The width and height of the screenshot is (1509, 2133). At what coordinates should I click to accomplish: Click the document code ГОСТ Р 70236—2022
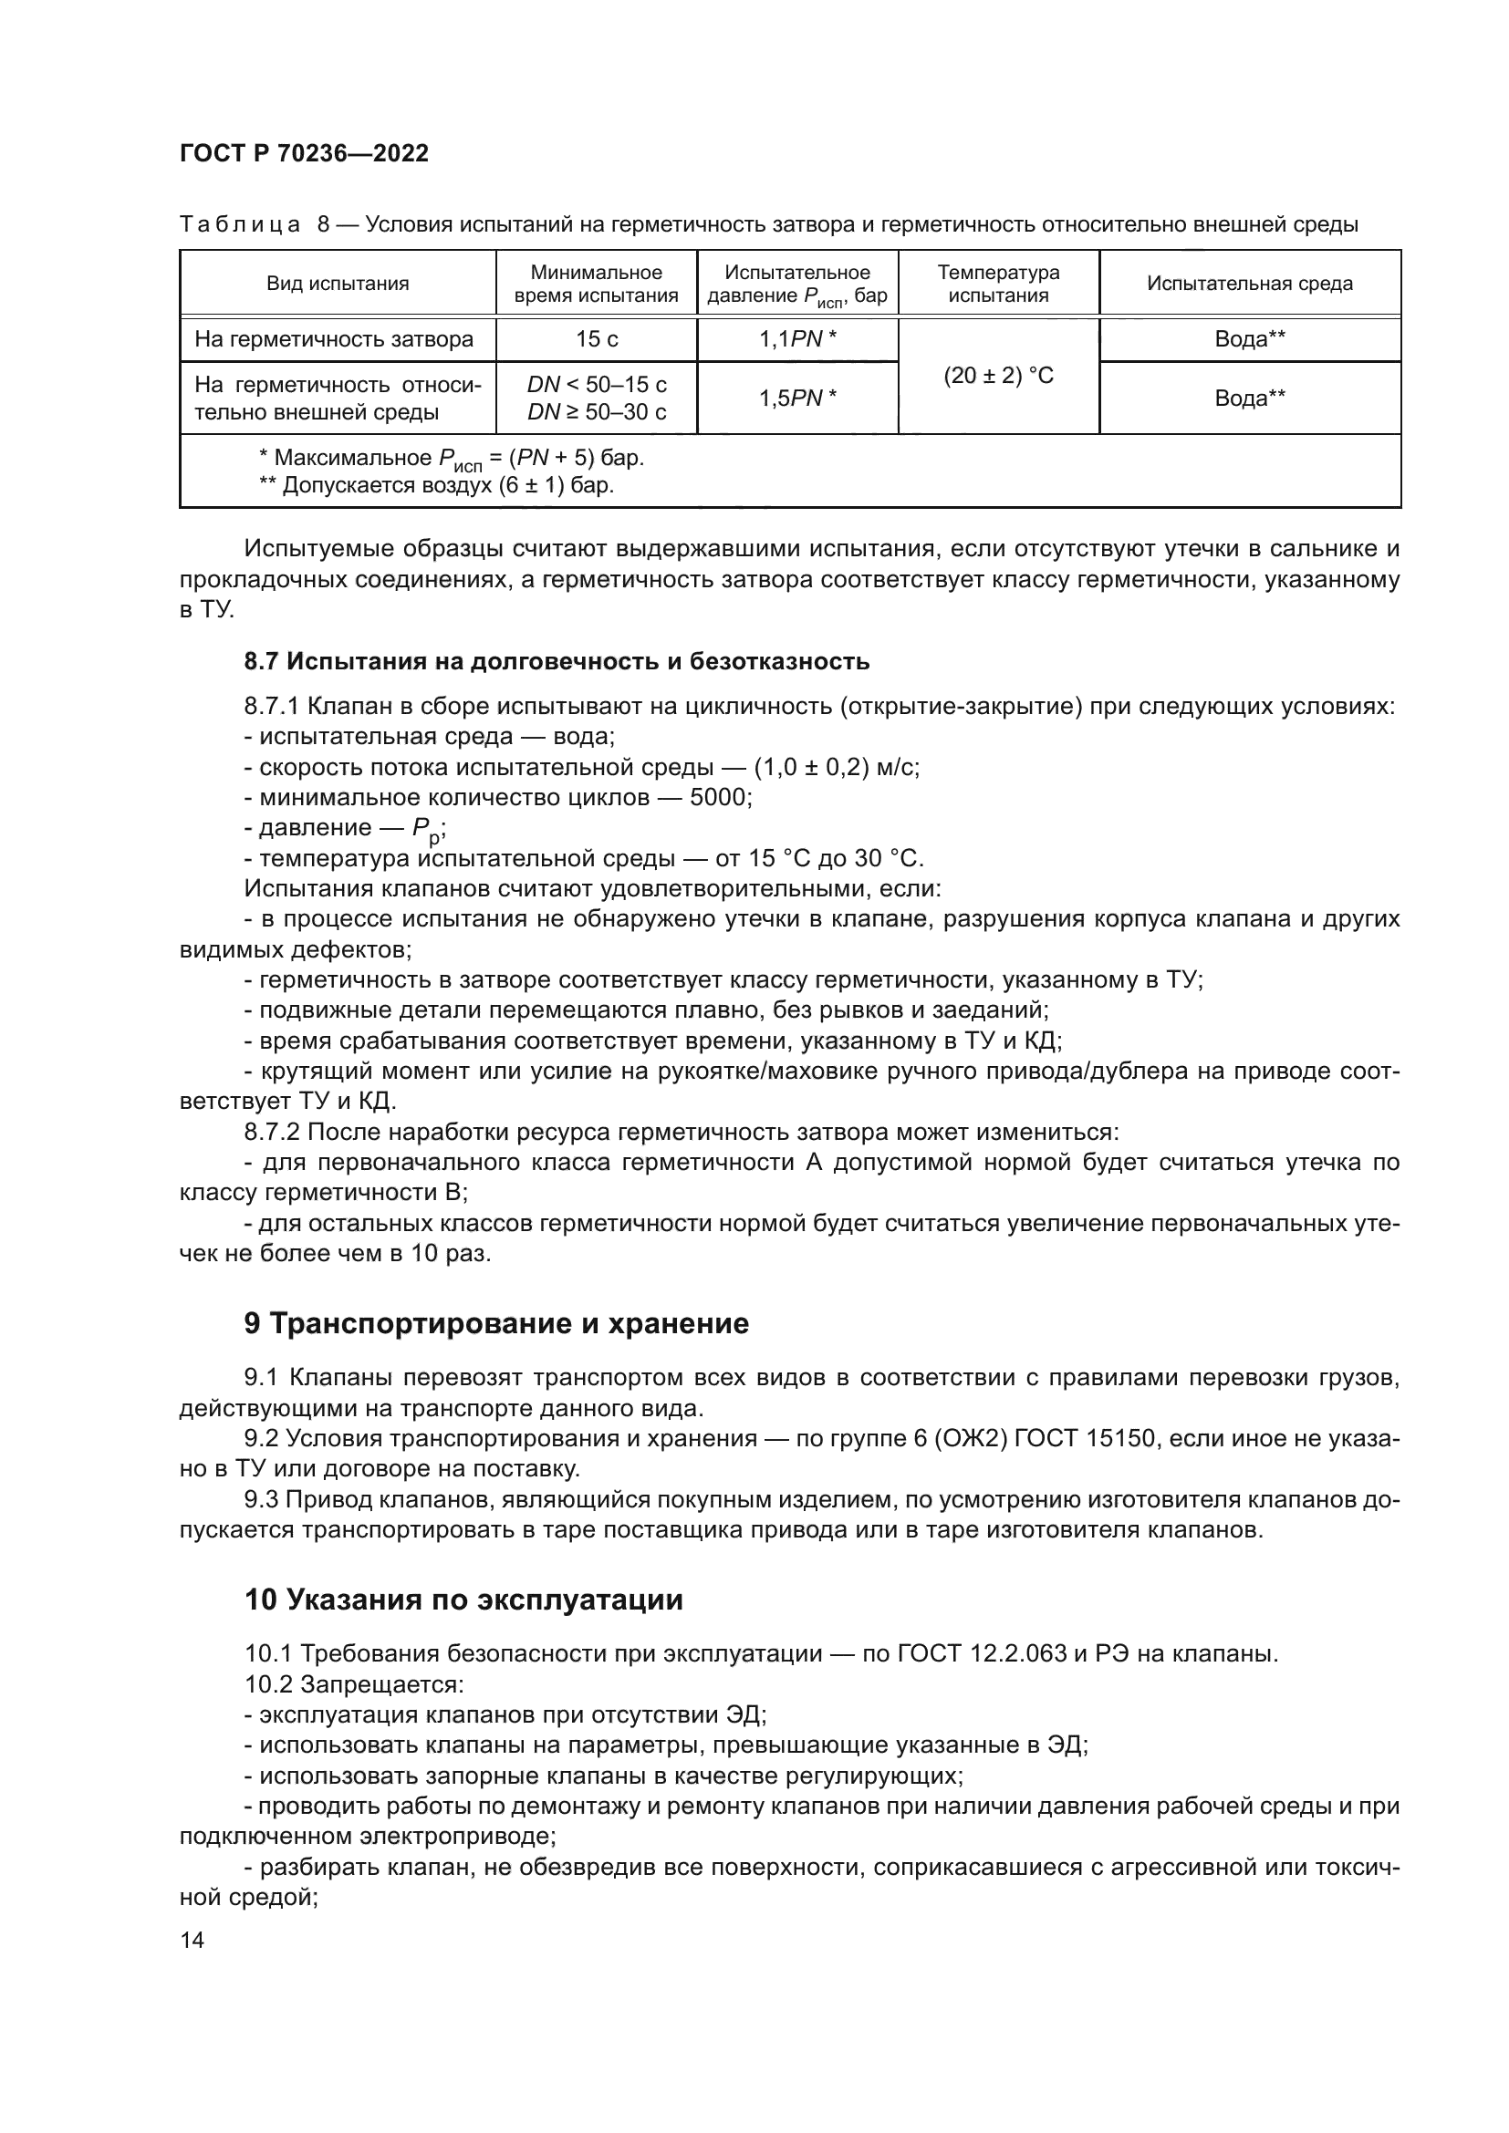(304, 154)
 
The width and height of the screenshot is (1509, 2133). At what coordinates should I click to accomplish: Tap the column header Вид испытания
(338, 285)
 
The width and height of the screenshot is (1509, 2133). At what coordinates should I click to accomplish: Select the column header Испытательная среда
(1249, 285)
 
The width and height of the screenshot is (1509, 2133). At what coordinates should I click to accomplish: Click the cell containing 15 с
(597, 340)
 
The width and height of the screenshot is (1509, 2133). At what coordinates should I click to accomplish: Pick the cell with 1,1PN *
(797, 340)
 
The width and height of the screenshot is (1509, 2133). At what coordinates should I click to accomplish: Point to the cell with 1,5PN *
(797, 399)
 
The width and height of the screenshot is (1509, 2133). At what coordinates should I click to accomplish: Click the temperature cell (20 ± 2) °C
(998, 377)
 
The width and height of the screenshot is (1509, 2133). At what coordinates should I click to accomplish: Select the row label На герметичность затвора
(334, 340)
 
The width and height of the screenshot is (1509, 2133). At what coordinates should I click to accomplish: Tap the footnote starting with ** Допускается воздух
(437, 486)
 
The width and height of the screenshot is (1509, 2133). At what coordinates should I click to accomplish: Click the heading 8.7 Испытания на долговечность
(557, 661)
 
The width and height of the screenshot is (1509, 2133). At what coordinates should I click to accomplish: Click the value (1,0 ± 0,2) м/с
(837, 767)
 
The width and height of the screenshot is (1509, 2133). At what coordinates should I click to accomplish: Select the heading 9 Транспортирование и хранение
(496, 1324)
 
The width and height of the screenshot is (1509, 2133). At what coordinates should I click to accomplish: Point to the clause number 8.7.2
(271, 1133)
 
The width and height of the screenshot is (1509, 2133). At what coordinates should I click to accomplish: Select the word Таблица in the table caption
(240, 226)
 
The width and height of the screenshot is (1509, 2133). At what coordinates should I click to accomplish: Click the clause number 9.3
(260, 1499)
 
